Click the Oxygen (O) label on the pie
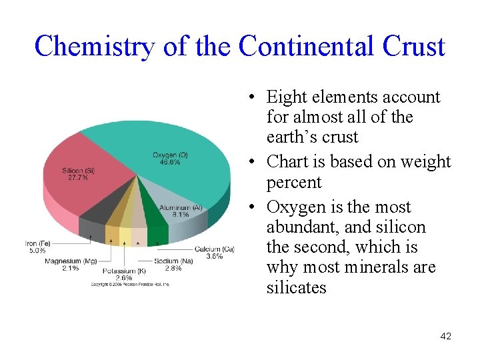pyautogui.click(x=170, y=155)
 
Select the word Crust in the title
pyautogui.click(x=413, y=47)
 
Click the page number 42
pyautogui.click(x=445, y=337)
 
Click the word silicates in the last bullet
pyautogui.click(x=296, y=288)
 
